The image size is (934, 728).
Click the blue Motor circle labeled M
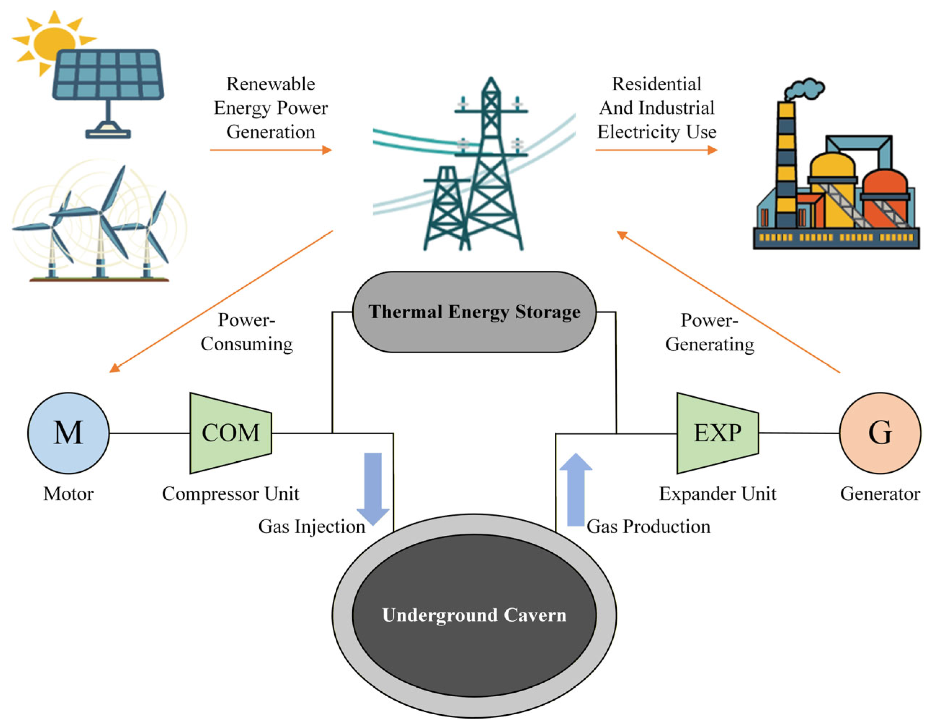[68, 433]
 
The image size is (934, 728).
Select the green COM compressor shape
[231, 433]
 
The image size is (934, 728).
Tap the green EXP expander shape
[718, 433]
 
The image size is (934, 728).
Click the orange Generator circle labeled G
[880, 433]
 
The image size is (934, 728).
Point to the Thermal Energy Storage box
[474, 312]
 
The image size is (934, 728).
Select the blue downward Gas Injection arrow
[373, 487]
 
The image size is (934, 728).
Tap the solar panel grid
[108, 75]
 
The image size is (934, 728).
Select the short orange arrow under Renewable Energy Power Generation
[271, 150]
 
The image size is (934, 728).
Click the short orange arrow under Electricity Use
[656, 150]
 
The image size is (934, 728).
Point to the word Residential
[656, 84]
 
